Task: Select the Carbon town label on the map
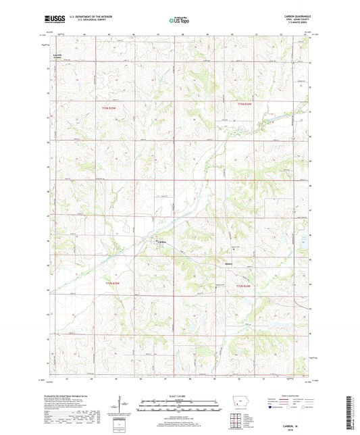coord(161,242)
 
